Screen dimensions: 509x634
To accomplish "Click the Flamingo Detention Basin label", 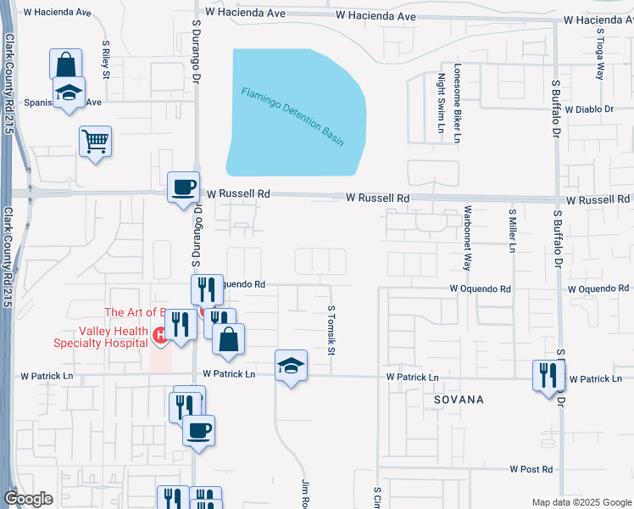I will click(292, 116).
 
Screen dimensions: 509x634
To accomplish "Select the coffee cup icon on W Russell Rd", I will click(182, 187).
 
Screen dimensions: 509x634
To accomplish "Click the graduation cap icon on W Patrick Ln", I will click(291, 366).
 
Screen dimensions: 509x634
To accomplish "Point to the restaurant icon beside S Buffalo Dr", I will click(548, 375).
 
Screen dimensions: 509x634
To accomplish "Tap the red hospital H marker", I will click(158, 337).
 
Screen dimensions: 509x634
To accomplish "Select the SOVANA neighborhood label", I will click(460, 399).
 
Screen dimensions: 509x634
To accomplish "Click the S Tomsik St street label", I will click(331, 331).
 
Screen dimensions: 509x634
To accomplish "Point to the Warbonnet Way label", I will click(466, 237).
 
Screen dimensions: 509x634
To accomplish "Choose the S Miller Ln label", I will click(512, 231).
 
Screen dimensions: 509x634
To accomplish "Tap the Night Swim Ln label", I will click(441, 104).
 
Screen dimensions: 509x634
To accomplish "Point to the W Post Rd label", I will click(531, 469).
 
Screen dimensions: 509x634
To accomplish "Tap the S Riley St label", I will click(106, 59).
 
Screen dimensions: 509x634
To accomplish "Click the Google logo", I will click(29, 499).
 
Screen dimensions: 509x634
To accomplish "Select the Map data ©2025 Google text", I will click(581, 502).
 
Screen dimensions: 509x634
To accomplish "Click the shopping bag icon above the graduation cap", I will click(66, 64).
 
